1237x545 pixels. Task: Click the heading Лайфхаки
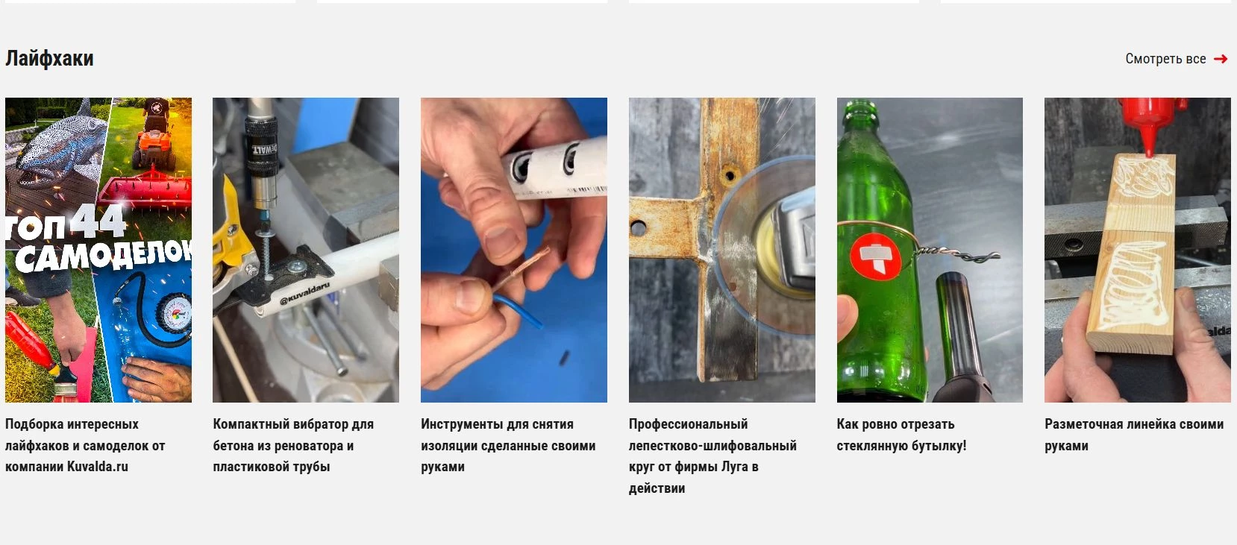click(x=49, y=58)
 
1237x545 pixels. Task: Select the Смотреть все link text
click(x=1165, y=59)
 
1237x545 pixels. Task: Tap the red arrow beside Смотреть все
click(x=1221, y=59)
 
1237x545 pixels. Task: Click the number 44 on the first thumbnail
click(x=98, y=221)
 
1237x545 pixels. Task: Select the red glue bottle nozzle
click(x=1149, y=138)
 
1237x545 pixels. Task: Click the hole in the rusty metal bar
click(x=729, y=176)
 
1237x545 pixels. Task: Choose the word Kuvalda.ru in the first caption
click(x=97, y=467)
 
